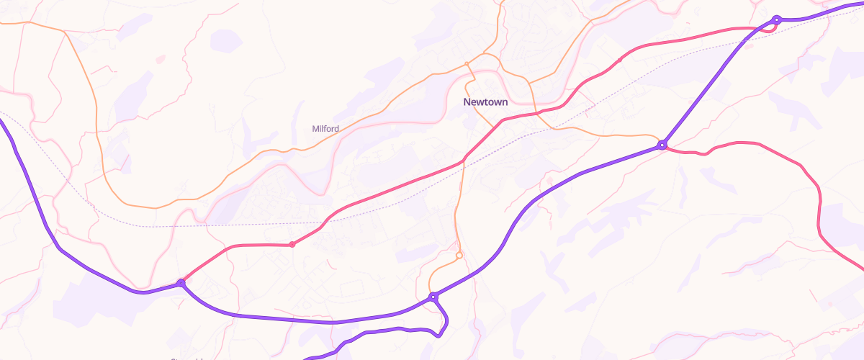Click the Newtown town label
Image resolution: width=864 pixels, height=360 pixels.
485,102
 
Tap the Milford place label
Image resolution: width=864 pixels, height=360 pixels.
325,129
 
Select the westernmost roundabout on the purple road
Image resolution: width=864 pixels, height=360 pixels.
181,284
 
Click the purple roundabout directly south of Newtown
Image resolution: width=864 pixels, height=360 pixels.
433,297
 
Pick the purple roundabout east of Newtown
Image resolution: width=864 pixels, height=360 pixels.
662,145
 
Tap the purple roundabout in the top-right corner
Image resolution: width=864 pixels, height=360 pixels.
777,19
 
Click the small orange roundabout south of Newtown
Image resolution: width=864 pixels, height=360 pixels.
459,255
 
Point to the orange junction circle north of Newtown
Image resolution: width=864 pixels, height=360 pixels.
467,64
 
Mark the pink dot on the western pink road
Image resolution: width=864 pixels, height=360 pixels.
292,245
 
